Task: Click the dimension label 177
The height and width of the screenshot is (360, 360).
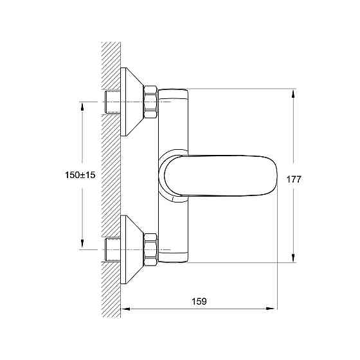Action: tap(294, 179)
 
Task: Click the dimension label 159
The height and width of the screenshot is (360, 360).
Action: tap(199, 301)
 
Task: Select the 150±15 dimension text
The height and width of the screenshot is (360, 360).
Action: tap(80, 175)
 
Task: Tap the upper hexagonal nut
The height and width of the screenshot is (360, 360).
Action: tap(150, 102)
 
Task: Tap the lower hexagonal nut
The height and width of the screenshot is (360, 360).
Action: tap(150, 250)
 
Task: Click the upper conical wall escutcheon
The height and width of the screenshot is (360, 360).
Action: tap(131, 102)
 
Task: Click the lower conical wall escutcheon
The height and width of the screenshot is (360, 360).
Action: tap(131, 249)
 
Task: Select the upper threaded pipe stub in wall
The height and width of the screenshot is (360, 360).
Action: tap(113, 102)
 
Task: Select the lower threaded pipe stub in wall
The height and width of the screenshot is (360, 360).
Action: tap(113, 250)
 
